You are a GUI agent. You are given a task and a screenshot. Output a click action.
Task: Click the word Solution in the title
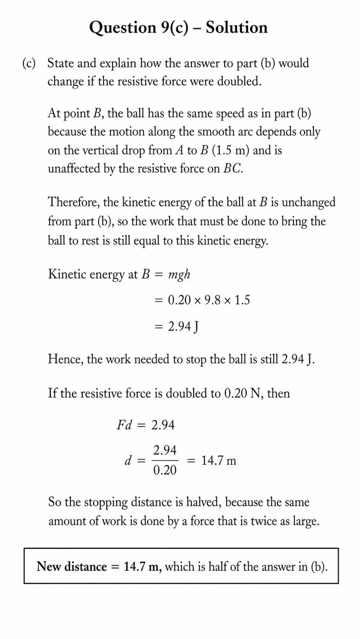click(236, 27)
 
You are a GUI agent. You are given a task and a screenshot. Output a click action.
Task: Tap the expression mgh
click(179, 275)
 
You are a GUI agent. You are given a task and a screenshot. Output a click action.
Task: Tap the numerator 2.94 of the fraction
click(165, 451)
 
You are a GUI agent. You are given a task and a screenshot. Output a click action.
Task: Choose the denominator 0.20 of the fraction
click(165, 471)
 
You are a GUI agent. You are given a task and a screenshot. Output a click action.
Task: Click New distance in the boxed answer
click(71, 567)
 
